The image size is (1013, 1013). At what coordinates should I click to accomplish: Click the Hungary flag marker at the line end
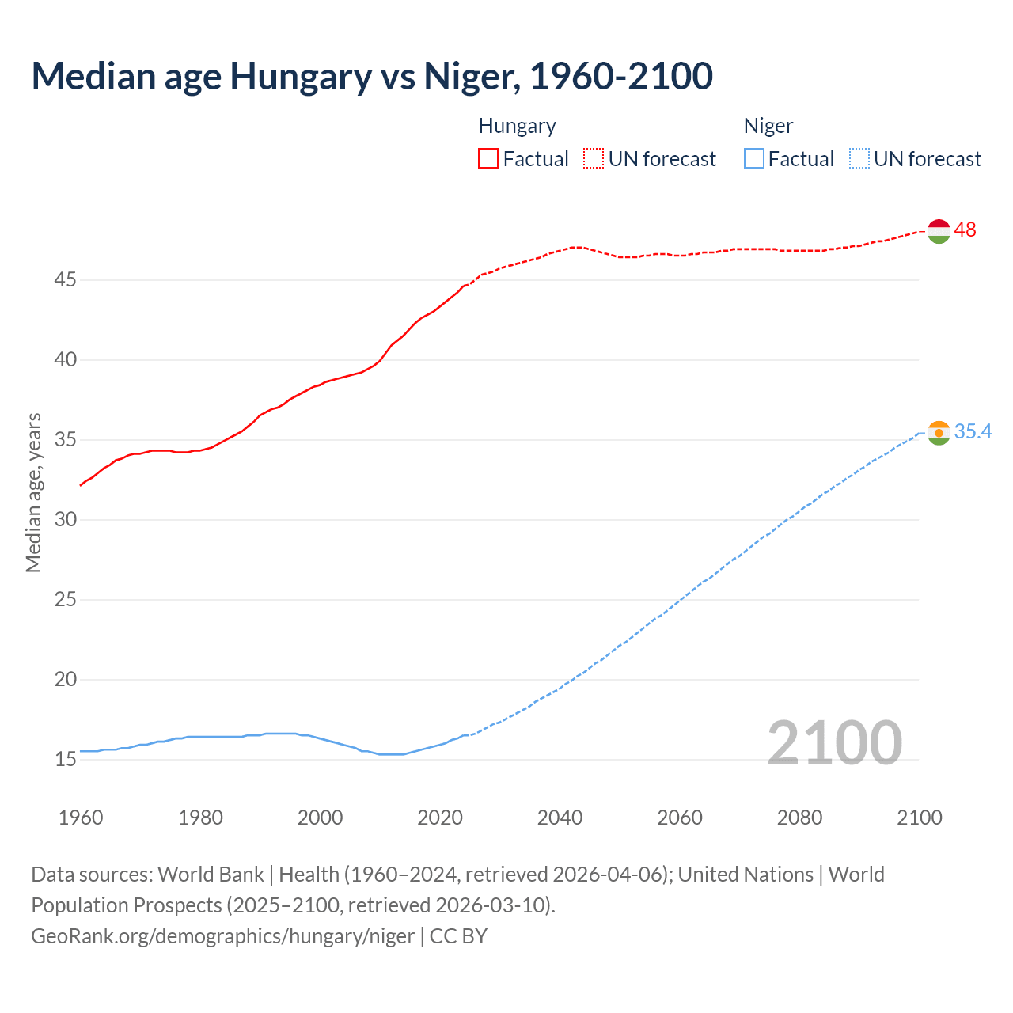coord(939,230)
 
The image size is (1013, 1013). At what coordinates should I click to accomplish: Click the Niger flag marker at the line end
coord(939,433)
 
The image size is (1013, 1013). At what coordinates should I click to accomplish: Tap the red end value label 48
coord(965,230)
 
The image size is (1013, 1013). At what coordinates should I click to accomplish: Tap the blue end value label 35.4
coord(973,432)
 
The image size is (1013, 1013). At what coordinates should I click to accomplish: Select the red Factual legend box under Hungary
coord(488,159)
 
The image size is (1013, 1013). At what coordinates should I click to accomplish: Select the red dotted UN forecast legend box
coord(594,159)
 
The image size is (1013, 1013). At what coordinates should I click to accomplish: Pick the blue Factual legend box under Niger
coord(753,159)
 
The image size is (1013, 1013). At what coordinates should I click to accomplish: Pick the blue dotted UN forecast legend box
coord(859,159)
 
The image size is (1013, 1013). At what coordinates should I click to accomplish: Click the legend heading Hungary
coord(517,127)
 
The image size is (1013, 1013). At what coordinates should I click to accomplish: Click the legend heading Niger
coord(768,127)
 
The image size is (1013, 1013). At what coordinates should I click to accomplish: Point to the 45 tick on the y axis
coord(66,280)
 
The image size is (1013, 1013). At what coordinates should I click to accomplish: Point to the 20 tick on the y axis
coord(66,680)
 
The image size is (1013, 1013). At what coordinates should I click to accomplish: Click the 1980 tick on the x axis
coord(200,818)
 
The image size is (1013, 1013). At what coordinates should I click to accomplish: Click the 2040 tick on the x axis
coord(560,818)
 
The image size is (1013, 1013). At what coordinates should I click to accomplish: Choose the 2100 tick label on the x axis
coord(919,818)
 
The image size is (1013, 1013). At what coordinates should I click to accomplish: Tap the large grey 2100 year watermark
coord(834,743)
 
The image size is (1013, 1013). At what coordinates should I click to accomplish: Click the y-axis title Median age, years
coord(33,492)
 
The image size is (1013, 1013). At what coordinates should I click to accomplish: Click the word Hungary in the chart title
coord(302,77)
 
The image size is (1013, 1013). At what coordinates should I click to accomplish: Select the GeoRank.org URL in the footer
coord(222,936)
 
